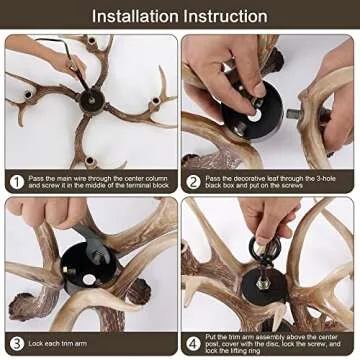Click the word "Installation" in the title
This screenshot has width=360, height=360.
click(x=138, y=16)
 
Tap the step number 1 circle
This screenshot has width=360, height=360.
click(x=16, y=182)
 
